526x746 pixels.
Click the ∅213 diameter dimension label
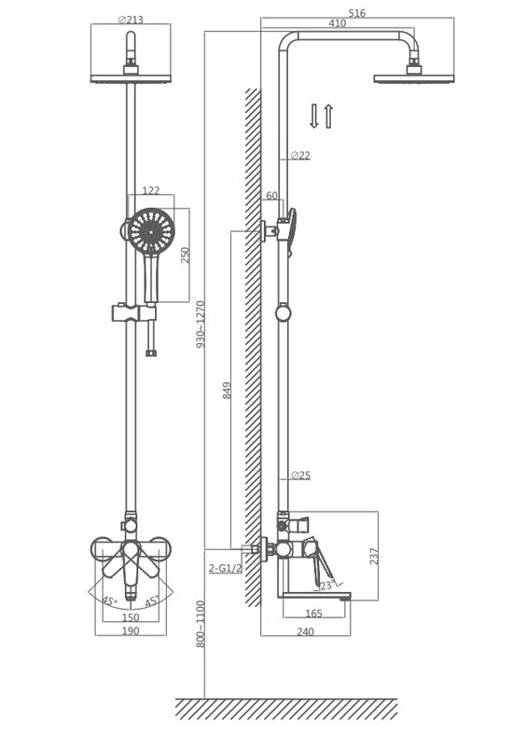[x=131, y=20]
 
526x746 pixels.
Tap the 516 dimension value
[x=357, y=13]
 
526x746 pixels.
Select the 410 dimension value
[x=338, y=23]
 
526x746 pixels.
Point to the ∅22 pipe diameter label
[x=300, y=155]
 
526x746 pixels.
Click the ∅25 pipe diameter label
[x=300, y=475]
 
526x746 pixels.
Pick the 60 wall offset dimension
[x=271, y=196]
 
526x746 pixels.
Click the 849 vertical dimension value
[x=228, y=390]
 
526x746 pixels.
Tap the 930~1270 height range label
[x=201, y=324]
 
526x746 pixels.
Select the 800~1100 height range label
[x=201, y=624]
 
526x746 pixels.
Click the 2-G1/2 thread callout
[x=226, y=568]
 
